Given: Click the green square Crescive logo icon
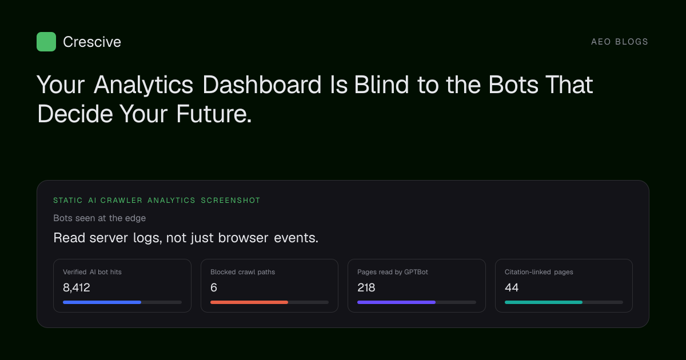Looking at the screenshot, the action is click(46, 42).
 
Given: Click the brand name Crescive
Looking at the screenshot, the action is click(92, 42).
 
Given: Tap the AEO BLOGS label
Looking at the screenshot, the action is click(619, 42).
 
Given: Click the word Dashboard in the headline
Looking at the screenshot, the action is click(262, 85).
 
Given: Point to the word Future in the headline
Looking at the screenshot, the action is click(214, 114).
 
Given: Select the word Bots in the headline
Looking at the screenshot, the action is click(513, 85).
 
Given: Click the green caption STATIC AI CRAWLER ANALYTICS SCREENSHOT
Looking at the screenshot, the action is click(157, 201).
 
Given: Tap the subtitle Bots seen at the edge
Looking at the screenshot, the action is click(99, 218).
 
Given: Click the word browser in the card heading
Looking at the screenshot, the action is click(243, 238).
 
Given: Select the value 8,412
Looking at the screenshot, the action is click(76, 287).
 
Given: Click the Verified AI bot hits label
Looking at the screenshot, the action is click(92, 272).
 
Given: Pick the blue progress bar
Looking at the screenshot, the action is click(102, 302).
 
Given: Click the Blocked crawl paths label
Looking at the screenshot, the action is click(242, 272).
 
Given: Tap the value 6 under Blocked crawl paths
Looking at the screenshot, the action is click(214, 287).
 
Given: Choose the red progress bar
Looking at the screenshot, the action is click(249, 302).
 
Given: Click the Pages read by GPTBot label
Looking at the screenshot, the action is click(393, 272).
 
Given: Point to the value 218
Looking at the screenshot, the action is click(366, 287).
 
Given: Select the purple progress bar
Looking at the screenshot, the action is click(396, 302).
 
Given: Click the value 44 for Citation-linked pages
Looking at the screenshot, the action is click(512, 287).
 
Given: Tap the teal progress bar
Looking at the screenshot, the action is click(544, 302).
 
